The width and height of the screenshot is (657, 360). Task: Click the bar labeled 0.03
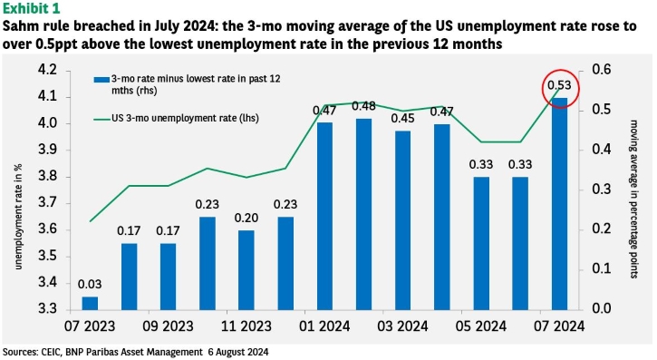tap(90, 304)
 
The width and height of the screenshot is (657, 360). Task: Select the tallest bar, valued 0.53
tap(559, 204)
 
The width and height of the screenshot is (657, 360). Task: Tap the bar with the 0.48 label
tap(363, 215)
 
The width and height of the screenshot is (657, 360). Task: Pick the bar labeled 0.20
tap(246, 270)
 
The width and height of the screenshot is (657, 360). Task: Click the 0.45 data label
tap(402, 119)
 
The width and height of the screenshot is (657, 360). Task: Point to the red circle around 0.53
tap(560, 70)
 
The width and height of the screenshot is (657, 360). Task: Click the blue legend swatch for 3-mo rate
tap(101, 80)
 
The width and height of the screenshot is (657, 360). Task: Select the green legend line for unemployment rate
tap(101, 120)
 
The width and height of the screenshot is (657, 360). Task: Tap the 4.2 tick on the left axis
tap(47, 70)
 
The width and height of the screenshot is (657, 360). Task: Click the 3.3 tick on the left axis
tap(47, 309)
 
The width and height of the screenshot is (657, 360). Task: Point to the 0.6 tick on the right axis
tap(602, 70)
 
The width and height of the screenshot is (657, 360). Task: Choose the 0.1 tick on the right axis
tap(602, 268)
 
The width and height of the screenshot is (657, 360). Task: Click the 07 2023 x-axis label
tap(90, 326)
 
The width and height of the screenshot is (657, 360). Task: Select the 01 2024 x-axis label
tap(324, 326)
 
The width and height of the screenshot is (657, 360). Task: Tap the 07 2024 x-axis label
tap(559, 326)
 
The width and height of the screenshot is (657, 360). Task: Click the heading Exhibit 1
tap(32, 8)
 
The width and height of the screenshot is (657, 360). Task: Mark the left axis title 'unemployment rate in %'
tap(18, 216)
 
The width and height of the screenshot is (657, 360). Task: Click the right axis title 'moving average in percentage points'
tap(633, 199)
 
